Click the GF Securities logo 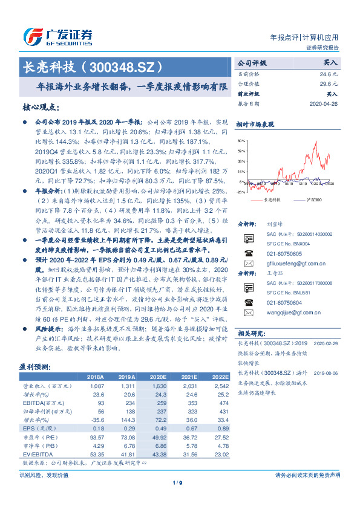pyautogui.click(x=57, y=37)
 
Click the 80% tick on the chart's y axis pyautogui.click(x=241, y=140)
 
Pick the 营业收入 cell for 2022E pyautogui.click(x=220, y=384)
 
